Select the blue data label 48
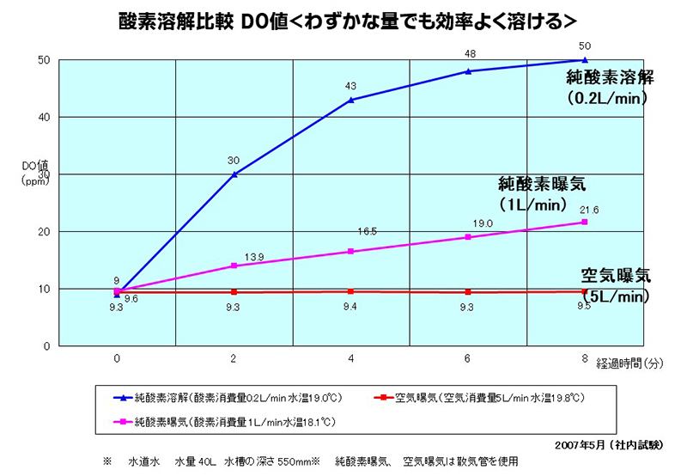click(470, 53)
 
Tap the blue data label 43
click(351, 85)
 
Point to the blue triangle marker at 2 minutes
click(234, 174)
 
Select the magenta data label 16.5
click(368, 232)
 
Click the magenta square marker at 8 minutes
click(585, 222)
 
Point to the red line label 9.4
click(351, 307)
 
